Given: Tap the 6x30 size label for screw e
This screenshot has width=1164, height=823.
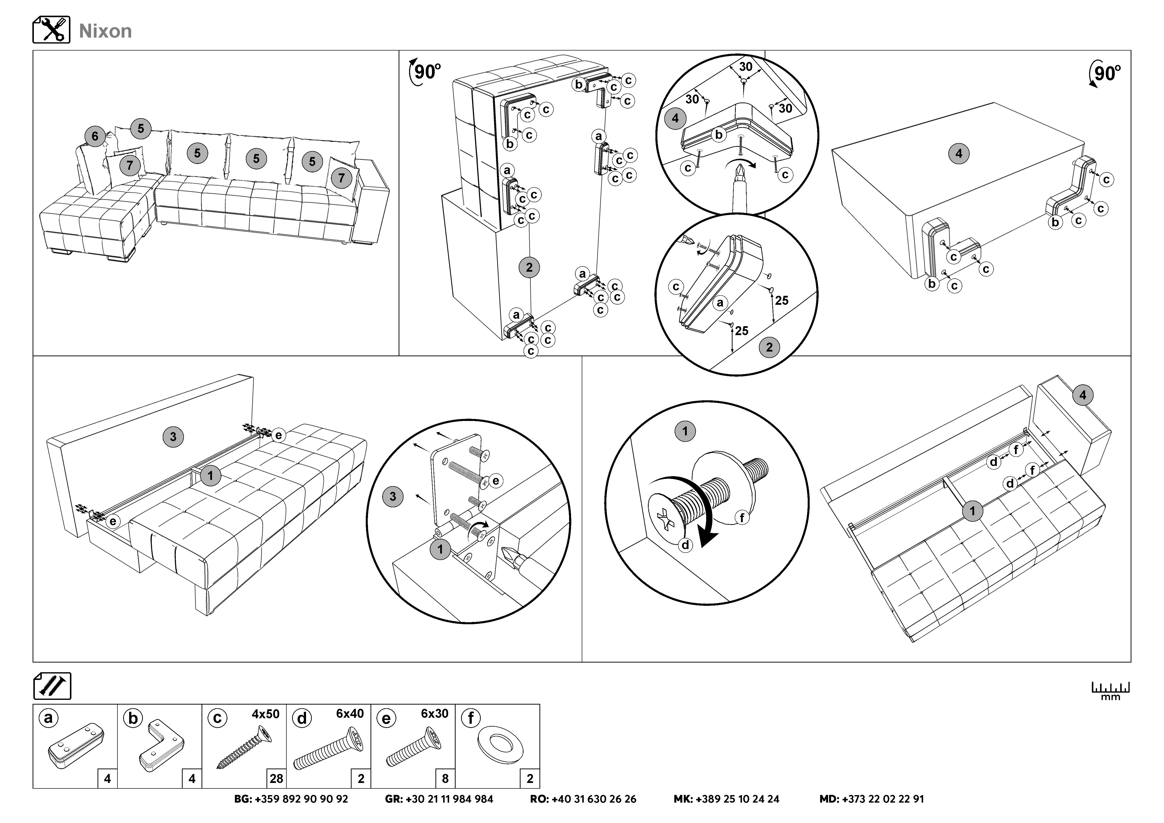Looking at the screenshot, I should coord(434,714).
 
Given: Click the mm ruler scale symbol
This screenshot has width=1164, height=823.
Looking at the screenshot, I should coord(1110,691).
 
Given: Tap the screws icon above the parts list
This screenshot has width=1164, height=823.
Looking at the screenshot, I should coord(52,686).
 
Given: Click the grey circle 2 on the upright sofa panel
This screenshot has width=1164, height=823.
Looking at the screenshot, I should coord(529,267).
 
